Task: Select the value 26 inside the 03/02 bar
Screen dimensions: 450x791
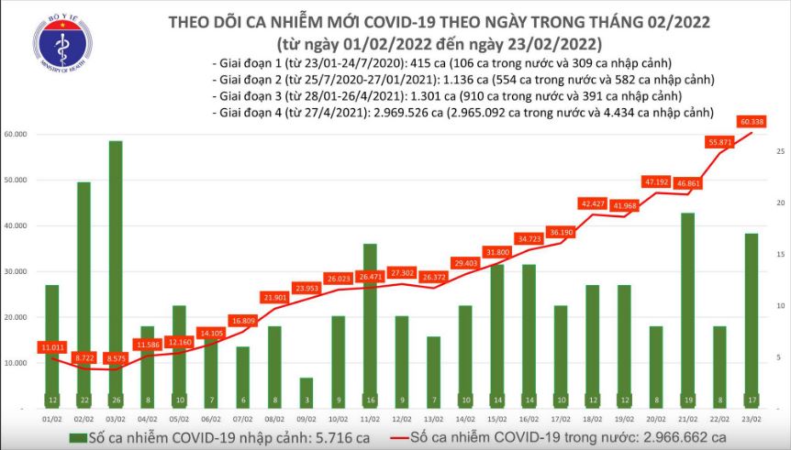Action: tap(116, 400)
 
